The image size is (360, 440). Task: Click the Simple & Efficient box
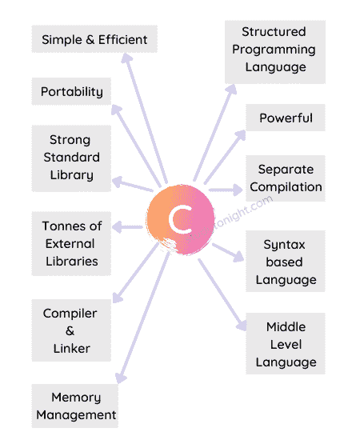(x=94, y=39)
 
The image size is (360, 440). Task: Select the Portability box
(x=72, y=91)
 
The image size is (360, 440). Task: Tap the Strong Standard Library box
(x=70, y=157)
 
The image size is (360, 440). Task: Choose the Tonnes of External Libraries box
(x=70, y=243)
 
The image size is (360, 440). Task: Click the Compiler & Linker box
(x=70, y=330)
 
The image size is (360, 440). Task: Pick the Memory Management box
(x=75, y=406)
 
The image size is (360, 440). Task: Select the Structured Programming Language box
(x=274, y=49)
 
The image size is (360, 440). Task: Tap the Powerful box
(x=286, y=118)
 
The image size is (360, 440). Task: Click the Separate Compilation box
(x=286, y=178)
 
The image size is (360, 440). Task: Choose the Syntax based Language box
(x=286, y=262)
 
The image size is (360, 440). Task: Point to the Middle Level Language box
(x=286, y=344)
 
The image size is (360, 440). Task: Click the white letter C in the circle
(x=182, y=218)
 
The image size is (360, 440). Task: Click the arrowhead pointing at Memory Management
(x=121, y=378)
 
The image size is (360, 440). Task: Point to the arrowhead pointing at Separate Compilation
(x=238, y=190)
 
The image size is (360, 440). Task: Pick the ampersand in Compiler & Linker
(x=70, y=330)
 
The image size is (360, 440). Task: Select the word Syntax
(x=286, y=245)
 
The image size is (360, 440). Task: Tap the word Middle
(x=286, y=327)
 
